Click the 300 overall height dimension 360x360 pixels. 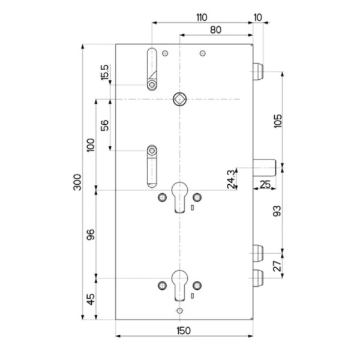(77, 182)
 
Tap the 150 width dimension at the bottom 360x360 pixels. (184, 331)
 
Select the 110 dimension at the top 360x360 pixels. (202, 17)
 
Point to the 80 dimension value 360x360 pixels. (216, 30)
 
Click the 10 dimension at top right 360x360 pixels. (258, 17)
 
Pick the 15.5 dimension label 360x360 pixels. (104, 72)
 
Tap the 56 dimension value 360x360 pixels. (104, 125)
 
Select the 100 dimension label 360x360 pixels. (91, 145)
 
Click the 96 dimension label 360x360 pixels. (91, 235)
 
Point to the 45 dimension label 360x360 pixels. (91, 299)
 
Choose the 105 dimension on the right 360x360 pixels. (278, 121)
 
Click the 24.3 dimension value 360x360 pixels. (231, 179)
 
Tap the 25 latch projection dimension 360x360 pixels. (265, 184)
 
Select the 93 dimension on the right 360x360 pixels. (277, 211)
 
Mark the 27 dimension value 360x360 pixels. (277, 266)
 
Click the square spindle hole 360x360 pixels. (180, 99)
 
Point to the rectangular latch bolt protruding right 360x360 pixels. (265, 168)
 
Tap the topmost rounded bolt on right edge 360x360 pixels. (258, 71)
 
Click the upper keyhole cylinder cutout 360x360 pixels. (180, 197)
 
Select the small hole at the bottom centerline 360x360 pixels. (180, 311)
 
